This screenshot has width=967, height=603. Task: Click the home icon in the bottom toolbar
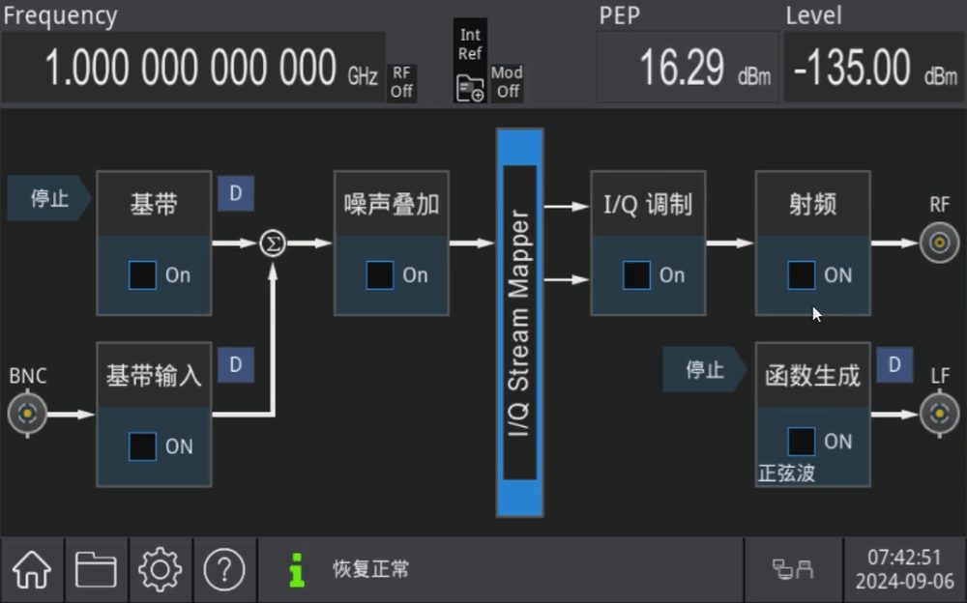pyautogui.click(x=32, y=569)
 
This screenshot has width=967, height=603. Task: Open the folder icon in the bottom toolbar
pyautogui.click(x=96, y=569)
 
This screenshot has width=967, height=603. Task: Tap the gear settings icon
pyautogui.click(x=161, y=569)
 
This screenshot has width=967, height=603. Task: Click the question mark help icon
pyautogui.click(x=224, y=569)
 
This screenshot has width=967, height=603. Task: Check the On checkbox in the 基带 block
pyautogui.click(x=142, y=275)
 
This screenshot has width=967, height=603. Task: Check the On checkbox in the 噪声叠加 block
pyautogui.click(x=379, y=275)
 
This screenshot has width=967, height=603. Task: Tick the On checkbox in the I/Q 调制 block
pyautogui.click(x=636, y=275)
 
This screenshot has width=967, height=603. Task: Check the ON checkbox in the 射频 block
pyautogui.click(x=801, y=275)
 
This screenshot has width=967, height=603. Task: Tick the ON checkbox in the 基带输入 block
pyautogui.click(x=142, y=446)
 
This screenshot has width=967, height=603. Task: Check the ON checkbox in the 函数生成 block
pyautogui.click(x=801, y=442)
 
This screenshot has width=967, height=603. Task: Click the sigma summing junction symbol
pyautogui.click(x=273, y=243)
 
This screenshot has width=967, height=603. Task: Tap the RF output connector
pyautogui.click(x=939, y=243)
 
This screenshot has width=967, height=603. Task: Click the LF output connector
pyautogui.click(x=939, y=414)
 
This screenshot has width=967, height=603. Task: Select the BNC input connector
pyautogui.click(x=27, y=414)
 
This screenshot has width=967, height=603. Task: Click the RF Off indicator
pyautogui.click(x=401, y=82)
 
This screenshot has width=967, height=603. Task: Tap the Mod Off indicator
pyautogui.click(x=507, y=82)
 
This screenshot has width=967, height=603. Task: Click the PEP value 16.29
pyautogui.click(x=682, y=68)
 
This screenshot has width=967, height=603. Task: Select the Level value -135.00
pyautogui.click(x=852, y=68)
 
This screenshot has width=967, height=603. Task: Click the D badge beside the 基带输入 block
pyautogui.click(x=236, y=365)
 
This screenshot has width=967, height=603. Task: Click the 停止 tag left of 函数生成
pyautogui.click(x=704, y=369)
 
